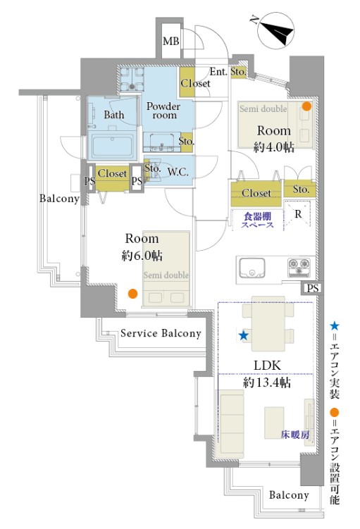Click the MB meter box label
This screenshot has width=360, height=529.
[171, 42]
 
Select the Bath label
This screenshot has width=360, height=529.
[114, 115]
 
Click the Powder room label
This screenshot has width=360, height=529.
[163, 111]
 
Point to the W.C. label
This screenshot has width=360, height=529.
[178, 172]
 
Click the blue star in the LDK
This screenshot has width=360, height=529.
[244, 335]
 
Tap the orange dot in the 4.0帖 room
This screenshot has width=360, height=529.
[306, 106]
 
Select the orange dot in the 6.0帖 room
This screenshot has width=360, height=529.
[133, 294]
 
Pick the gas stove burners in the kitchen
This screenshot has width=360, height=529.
[299, 267]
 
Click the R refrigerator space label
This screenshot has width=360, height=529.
[298, 214]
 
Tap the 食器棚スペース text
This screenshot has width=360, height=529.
[257, 220]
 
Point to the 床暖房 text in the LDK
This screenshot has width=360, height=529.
[295, 435]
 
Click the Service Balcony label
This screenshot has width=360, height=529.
[161, 333]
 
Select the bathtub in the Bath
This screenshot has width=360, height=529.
[112, 146]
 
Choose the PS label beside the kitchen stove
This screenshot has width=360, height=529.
[313, 289]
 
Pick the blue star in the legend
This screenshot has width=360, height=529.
[335, 325]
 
